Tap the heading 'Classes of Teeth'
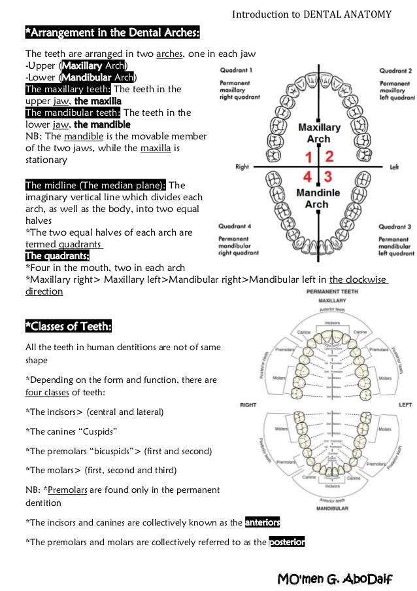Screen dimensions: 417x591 (68, 325)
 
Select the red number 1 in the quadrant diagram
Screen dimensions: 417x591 (308, 157)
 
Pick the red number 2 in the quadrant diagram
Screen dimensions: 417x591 (330, 156)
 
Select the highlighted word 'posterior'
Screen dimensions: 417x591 (287, 542)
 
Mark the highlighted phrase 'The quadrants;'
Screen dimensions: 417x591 (57, 255)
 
